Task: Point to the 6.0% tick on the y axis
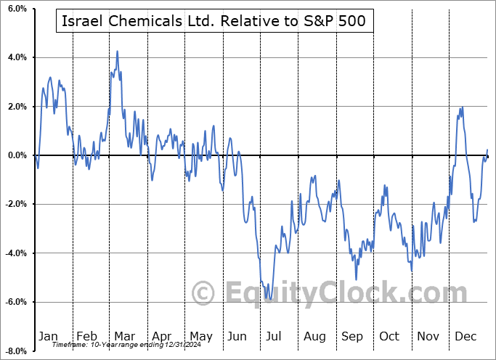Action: [x=16, y=9]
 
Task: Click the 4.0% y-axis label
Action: [x=16, y=57]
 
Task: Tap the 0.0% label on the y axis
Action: [x=16, y=155]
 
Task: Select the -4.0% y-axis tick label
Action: [x=15, y=253]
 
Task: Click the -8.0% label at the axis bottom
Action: [x=15, y=351]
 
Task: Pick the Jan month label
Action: [x=48, y=336]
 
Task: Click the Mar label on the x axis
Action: [x=124, y=336]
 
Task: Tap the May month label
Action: [x=200, y=336]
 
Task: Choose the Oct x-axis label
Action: [x=389, y=336]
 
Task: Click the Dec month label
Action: [x=465, y=336]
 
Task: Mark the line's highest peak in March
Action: [x=117, y=52]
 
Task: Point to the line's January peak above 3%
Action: [x=50, y=77]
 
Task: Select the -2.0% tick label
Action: [x=15, y=204]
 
